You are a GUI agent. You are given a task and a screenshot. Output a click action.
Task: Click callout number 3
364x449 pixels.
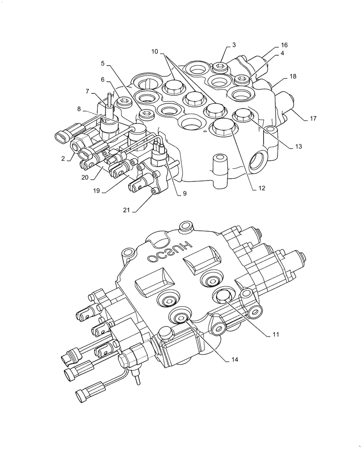click(234, 45)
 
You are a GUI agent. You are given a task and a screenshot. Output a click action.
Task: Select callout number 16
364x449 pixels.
click(284, 45)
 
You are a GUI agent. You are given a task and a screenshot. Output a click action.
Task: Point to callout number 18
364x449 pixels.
click(293, 77)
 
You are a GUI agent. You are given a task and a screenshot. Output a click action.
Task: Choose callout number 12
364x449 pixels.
click(262, 189)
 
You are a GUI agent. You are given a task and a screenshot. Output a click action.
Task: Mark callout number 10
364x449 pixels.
click(154, 52)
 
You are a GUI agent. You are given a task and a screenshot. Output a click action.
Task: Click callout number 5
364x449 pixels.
click(103, 63)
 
